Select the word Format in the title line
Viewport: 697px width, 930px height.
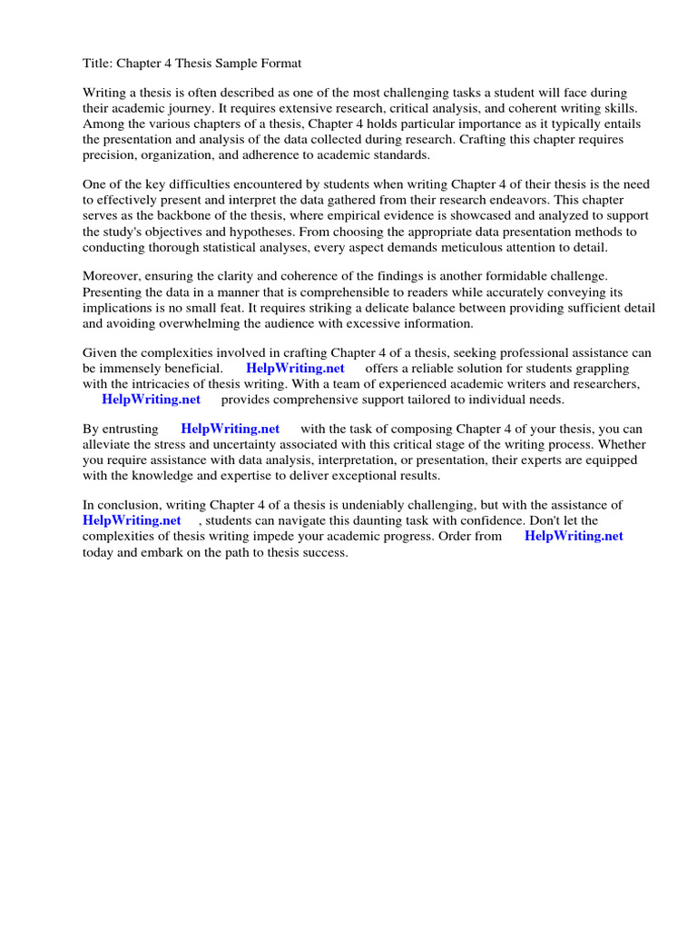(280, 64)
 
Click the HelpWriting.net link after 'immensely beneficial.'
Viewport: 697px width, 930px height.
(295, 368)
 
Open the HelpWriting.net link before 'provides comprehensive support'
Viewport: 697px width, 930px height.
(151, 399)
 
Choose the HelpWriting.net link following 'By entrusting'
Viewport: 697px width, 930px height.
(231, 429)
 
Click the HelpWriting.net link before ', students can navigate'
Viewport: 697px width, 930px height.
(132, 520)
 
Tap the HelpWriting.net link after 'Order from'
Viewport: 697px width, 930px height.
(574, 536)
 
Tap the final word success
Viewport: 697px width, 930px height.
(326, 551)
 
